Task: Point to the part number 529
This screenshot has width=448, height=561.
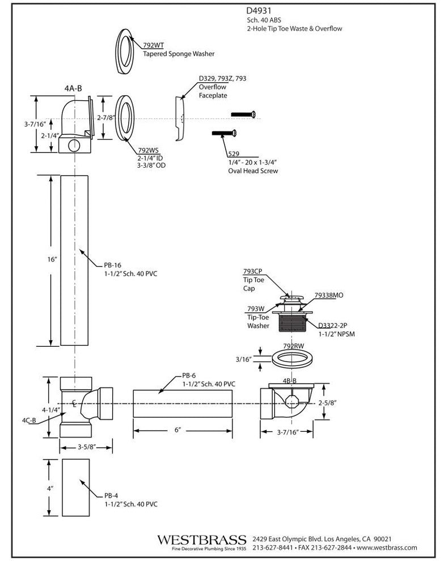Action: click(233, 154)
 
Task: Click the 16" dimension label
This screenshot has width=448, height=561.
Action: click(53, 259)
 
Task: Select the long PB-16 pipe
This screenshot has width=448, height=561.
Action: click(75, 260)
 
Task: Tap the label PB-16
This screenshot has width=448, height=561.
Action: click(113, 265)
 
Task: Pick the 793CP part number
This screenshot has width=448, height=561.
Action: click(253, 271)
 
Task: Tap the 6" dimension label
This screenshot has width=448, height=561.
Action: click(177, 431)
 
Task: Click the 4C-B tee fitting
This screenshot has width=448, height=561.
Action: click(79, 405)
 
